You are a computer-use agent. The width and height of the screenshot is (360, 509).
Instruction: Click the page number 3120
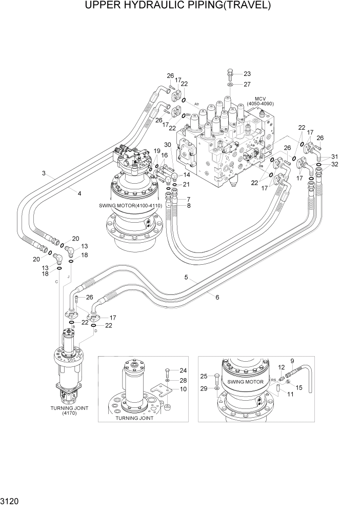[11, 499]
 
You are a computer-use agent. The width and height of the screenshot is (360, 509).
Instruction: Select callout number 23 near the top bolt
[247, 73]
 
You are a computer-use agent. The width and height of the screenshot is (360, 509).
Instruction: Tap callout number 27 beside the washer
[247, 84]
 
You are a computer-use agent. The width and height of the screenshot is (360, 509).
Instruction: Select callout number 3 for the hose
[45, 173]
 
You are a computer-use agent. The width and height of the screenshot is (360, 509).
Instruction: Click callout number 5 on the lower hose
[188, 278]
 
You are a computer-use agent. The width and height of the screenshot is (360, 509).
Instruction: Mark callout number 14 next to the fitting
[187, 174]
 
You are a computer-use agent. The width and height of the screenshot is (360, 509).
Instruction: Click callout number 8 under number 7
[188, 206]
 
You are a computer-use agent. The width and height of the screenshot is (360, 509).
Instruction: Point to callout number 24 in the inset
[184, 370]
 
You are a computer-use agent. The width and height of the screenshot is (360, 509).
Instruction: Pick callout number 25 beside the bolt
[203, 377]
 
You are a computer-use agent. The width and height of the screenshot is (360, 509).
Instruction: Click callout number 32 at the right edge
[334, 164]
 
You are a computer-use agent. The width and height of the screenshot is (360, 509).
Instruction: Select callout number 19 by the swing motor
[157, 150]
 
